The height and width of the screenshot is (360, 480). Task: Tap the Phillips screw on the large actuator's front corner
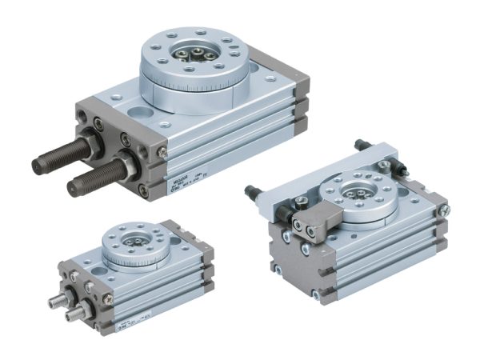(x=162, y=151)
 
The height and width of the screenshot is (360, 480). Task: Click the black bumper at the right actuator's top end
(x=365, y=144)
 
